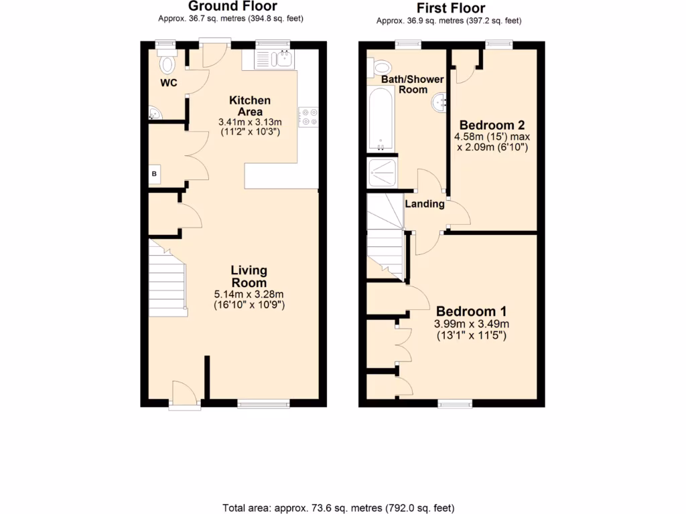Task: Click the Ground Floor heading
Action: click(232, 7)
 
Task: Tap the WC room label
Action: click(168, 83)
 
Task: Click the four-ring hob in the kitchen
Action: click(308, 117)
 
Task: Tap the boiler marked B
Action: click(155, 175)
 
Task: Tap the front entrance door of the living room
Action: click(184, 394)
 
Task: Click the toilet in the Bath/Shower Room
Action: click(382, 66)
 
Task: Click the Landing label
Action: click(425, 204)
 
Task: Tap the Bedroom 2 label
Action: click(492, 124)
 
